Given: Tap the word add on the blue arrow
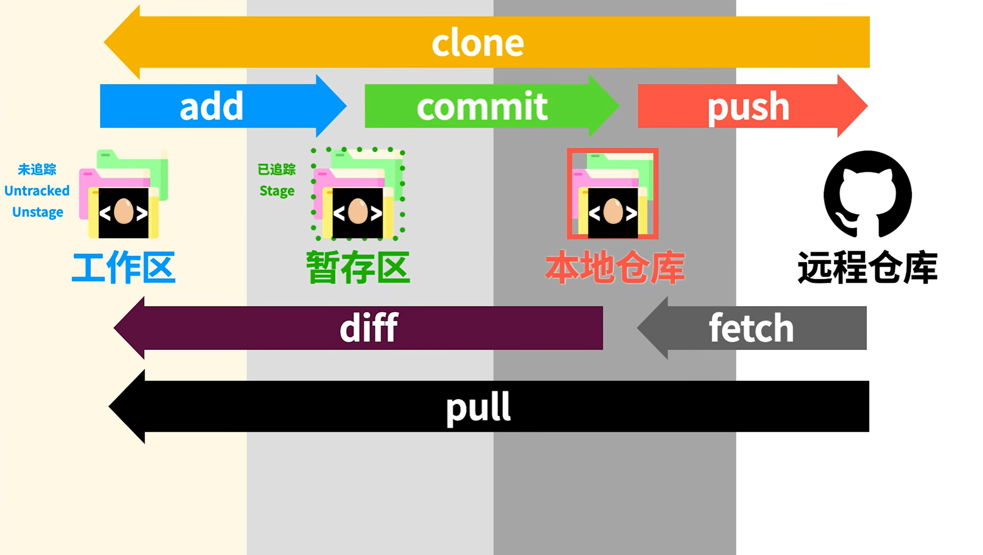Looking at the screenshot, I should click(x=211, y=106).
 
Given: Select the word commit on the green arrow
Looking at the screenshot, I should click(x=482, y=106).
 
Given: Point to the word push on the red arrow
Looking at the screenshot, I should click(x=748, y=107).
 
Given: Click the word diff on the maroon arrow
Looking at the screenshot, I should click(x=368, y=328).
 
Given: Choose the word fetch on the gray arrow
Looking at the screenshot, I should click(x=751, y=328).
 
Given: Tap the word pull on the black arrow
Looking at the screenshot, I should click(x=478, y=407).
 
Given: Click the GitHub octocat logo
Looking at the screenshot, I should click(x=867, y=194).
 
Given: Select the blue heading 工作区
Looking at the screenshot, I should click(x=123, y=267).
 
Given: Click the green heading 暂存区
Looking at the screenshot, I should click(x=358, y=267).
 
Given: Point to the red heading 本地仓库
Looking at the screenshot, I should click(x=615, y=267).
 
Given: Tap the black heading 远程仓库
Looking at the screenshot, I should click(x=867, y=267).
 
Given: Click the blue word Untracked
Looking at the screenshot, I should click(x=37, y=191).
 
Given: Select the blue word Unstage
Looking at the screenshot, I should click(x=37, y=212).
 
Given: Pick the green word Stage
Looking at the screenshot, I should click(x=277, y=191).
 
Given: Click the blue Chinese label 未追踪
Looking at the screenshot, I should click(x=37, y=169).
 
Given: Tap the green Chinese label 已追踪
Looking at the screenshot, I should click(x=277, y=169).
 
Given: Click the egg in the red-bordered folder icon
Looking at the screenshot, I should click(x=613, y=211).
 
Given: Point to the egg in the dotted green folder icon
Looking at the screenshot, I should click(x=358, y=211).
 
